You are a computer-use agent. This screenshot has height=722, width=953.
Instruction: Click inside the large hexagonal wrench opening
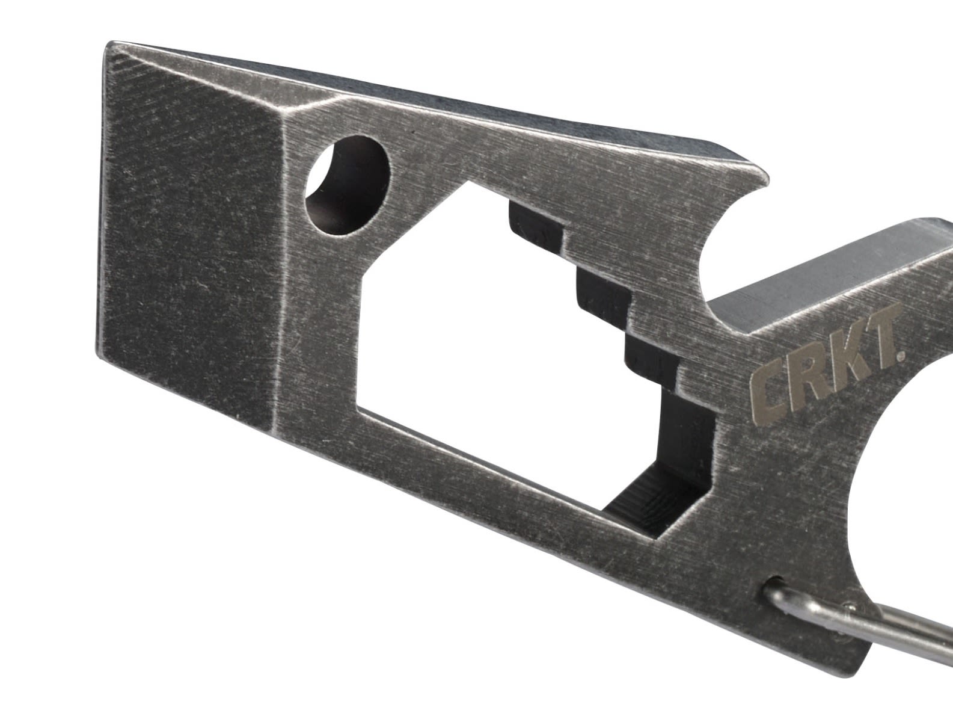click(x=481, y=313)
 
